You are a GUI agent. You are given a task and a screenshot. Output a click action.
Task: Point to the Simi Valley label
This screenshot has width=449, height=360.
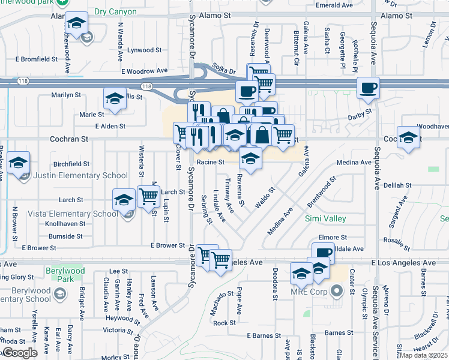(x=325, y=218)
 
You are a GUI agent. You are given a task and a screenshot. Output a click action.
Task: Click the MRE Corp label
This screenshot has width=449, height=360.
(x=312, y=293)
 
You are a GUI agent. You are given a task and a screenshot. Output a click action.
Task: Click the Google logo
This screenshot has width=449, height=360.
(x=20, y=353)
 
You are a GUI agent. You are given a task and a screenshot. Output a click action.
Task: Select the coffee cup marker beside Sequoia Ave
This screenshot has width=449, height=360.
(x=368, y=88)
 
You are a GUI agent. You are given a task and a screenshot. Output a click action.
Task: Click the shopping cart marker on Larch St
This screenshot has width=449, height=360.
(x=148, y=196)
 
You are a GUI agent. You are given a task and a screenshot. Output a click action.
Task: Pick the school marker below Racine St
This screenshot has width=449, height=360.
(x=250, y=158)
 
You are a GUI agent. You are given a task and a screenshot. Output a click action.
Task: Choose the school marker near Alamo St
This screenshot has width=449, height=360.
(x=76, y=23)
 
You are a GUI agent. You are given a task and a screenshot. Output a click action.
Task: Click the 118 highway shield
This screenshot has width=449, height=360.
(x=147, y=87)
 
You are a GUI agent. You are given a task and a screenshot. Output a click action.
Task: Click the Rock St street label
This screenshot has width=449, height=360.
(x=224, y=323)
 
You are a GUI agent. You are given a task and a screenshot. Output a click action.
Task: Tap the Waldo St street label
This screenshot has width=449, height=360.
(x=265, y=197)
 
